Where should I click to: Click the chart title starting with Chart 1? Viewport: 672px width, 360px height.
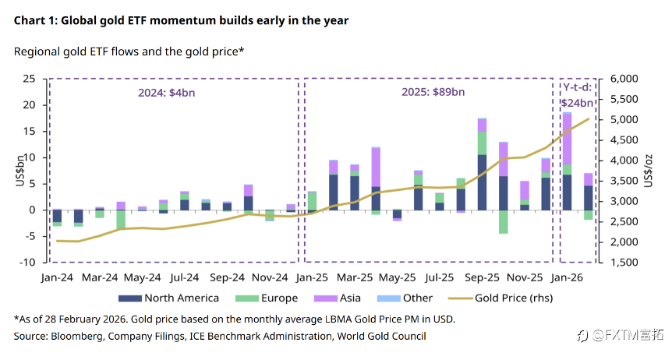pos(181,21)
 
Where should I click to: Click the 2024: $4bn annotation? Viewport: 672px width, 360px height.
pos(153,91)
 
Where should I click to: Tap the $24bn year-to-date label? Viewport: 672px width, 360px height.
pos(577,102)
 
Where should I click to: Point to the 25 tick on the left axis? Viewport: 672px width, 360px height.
pos(29,79)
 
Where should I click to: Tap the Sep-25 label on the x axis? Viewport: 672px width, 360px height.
pos(482,277)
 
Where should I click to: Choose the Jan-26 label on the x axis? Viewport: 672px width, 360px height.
pos(568,277)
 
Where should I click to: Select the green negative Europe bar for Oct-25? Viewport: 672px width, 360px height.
pos(504,221)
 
